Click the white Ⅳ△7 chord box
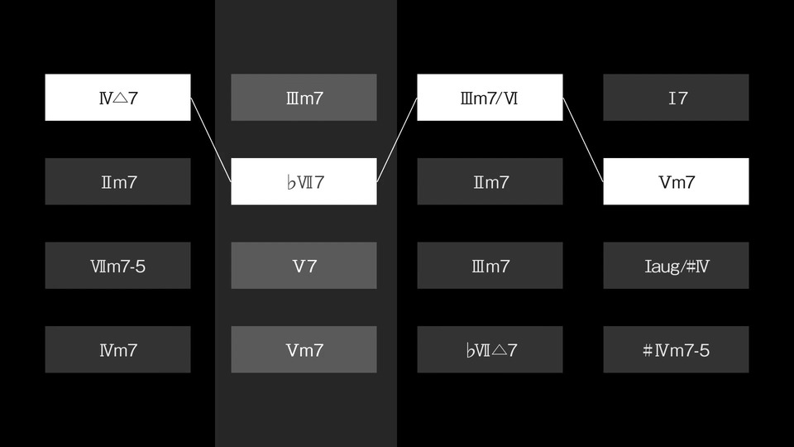(117, 98)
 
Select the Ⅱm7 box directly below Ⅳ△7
(117, 181)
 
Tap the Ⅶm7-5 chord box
(117, 266)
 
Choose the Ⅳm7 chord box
(117, 349)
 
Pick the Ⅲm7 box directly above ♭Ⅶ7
(304, 98)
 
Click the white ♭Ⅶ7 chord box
(304, 181)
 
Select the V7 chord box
(304, 266)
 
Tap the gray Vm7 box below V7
(304, 349)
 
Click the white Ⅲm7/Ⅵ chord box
(490, 98)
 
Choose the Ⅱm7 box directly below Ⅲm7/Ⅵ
(490, 181)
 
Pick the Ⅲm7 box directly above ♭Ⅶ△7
(490, 266)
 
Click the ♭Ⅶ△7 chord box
(490, 349)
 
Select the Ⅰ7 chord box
(676, 98)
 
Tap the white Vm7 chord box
(676, 181)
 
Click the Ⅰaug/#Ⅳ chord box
(676, 266)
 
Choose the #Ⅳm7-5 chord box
(676, 349)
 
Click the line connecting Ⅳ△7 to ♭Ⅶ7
(211, 140)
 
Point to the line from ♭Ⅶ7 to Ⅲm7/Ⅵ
(397, 140)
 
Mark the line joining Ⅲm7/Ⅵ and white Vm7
(583, 140)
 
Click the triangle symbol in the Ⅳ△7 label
(120, 99)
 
